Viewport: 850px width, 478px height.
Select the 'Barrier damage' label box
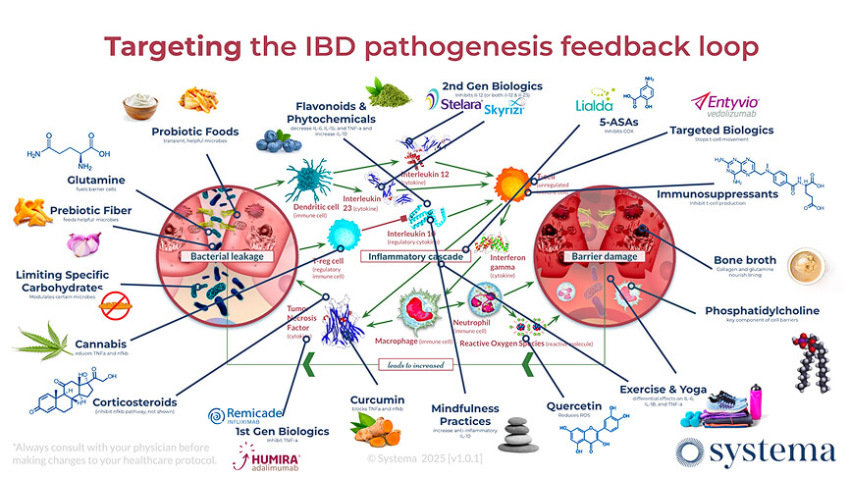point(599,256)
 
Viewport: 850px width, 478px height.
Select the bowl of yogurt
point(143,104)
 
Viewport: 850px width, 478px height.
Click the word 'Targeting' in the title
point(170,46)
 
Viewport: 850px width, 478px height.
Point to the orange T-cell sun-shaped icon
point(511,184)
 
